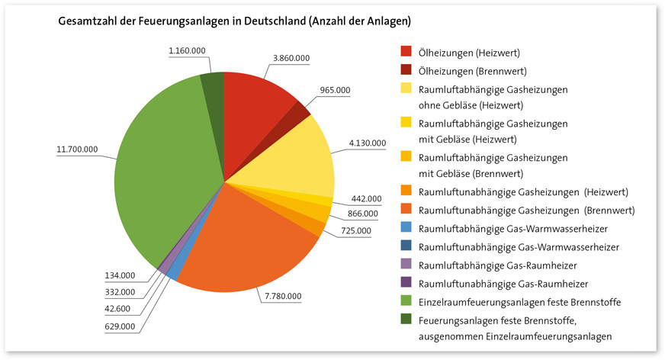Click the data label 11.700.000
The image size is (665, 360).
(78, 149)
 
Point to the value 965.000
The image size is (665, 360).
(335, 90)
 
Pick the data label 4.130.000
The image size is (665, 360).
(367, 143)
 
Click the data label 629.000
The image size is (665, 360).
(119, 326)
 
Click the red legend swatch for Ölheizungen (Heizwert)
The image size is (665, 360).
(406, 53)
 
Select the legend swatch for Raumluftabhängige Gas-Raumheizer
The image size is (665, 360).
(406, 265)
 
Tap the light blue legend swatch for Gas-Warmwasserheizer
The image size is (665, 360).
(406, 228)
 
